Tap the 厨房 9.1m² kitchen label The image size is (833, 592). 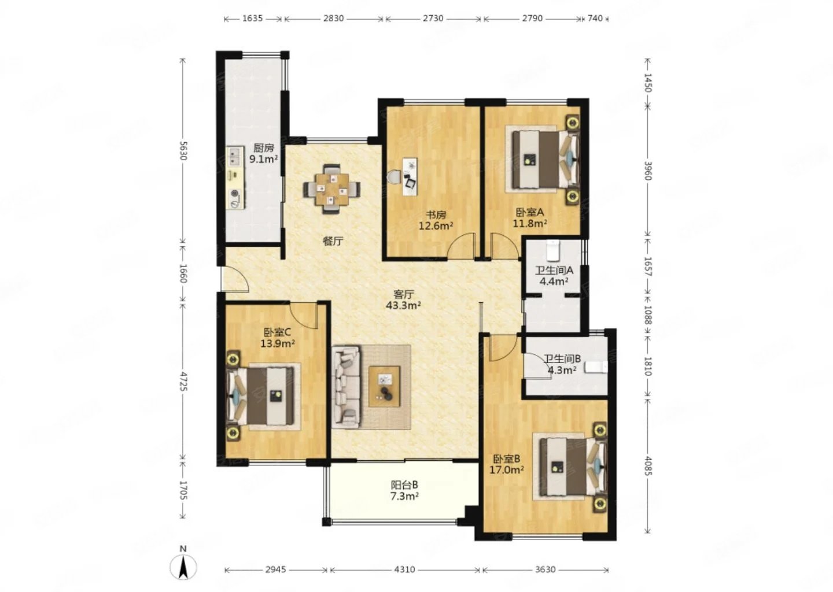[x=264, y=154]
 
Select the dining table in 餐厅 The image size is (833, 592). [x=331, y=189]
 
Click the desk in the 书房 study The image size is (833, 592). [x=410, y=176]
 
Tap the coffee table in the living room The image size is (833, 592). [x=384, y=386]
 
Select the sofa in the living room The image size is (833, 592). [x=347, y=387]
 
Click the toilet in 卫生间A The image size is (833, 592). [x=553, y=250]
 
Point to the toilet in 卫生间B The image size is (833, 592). [x=596, y=367]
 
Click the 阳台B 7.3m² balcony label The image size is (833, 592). [x=404, y=491]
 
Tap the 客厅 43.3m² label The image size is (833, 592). [x=404, y=300]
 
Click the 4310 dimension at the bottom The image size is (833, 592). [x=404, y=569]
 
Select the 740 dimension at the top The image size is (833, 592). [x=595, y=18]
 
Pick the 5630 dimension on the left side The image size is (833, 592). [x=183, y=150]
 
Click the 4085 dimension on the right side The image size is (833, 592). [x=647, y=465]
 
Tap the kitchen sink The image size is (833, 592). [x=235, y=157]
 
